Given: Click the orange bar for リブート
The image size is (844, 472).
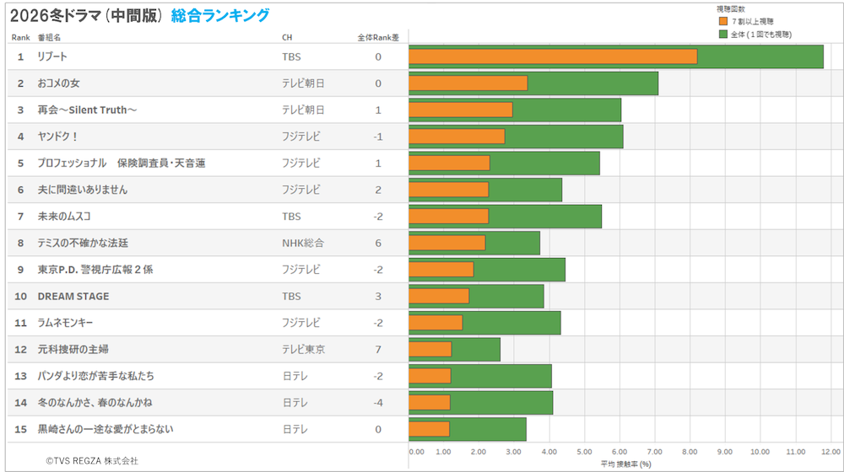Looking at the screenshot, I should pos(553,56).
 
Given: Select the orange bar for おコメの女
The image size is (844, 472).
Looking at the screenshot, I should pos(468,83).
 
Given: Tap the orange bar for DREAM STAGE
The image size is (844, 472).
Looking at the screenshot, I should pos(439,296).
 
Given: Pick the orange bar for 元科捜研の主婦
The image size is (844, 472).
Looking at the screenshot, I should pos(430,349).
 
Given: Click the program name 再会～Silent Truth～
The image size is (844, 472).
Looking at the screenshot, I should pos(87,110).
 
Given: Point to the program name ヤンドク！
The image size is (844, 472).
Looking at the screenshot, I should pos(57,137).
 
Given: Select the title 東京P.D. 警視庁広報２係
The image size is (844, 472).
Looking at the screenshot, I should pos(95,270).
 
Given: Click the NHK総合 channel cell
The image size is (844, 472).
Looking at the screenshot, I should pos(303,243).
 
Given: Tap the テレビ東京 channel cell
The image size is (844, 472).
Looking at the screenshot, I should pos(304,349).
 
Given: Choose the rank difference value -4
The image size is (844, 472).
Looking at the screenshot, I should pos(378,403).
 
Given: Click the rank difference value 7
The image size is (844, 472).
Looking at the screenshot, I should pos(378,349).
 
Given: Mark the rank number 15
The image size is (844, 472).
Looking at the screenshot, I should pos(21,429).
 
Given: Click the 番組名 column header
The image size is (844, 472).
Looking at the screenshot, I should pos(49,37).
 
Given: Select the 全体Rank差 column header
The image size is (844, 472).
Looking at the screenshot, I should pos(378,37).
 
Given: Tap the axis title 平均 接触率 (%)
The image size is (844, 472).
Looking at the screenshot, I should pos(625,464).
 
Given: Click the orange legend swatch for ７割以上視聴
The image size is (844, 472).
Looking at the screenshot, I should pos(723,21).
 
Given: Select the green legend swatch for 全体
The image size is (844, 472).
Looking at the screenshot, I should pos(723,34).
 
